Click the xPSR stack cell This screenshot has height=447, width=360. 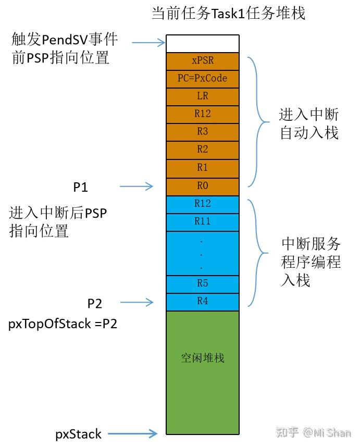[202, 61]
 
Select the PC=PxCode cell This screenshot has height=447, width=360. [202, 79]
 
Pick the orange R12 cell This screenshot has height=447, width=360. [202, 114]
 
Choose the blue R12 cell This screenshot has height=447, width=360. [202, 204]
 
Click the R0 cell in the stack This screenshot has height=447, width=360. [202, 185]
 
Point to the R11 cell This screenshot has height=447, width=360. [202, 221]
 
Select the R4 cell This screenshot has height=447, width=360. [202, 301]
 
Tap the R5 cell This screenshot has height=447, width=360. [202, 283]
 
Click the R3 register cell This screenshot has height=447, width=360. [202, 132]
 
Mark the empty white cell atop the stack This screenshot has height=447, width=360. [202, 43]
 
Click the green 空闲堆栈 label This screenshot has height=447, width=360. [202, 358]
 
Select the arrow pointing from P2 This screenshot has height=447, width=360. [136, 302]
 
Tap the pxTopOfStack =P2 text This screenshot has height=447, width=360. [63, 324]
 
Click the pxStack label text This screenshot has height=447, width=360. [78, 433]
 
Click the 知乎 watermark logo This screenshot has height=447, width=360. [287, 432]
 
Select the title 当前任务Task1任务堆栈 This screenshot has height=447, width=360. [228, 14]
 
